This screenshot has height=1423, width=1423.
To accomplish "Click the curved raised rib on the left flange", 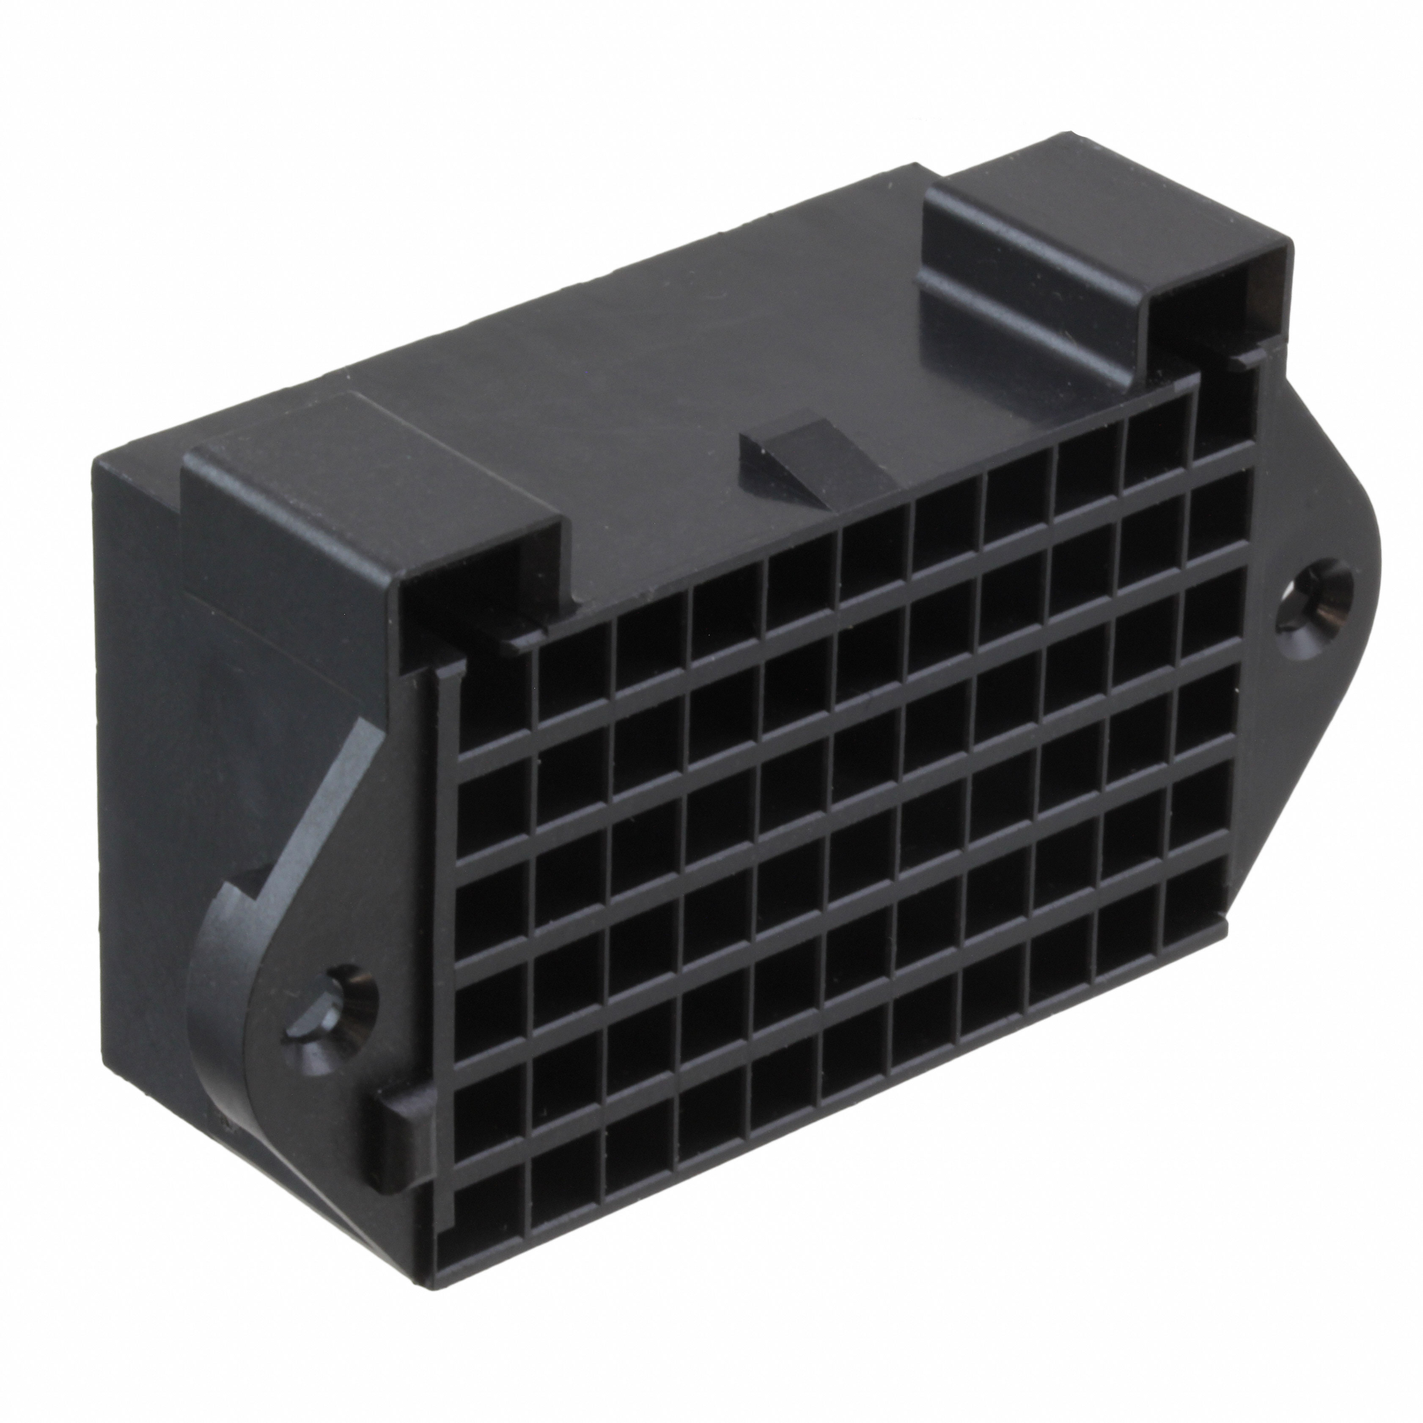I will pos(309,795).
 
